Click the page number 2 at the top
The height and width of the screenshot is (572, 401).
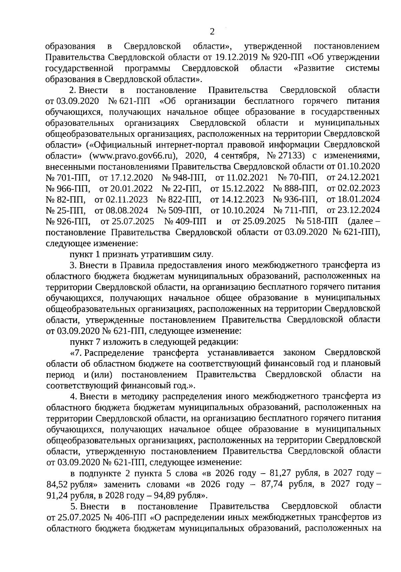[211, 32]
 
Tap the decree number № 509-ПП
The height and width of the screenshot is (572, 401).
[179, 211]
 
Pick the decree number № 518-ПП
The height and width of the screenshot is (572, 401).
[316, 222]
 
